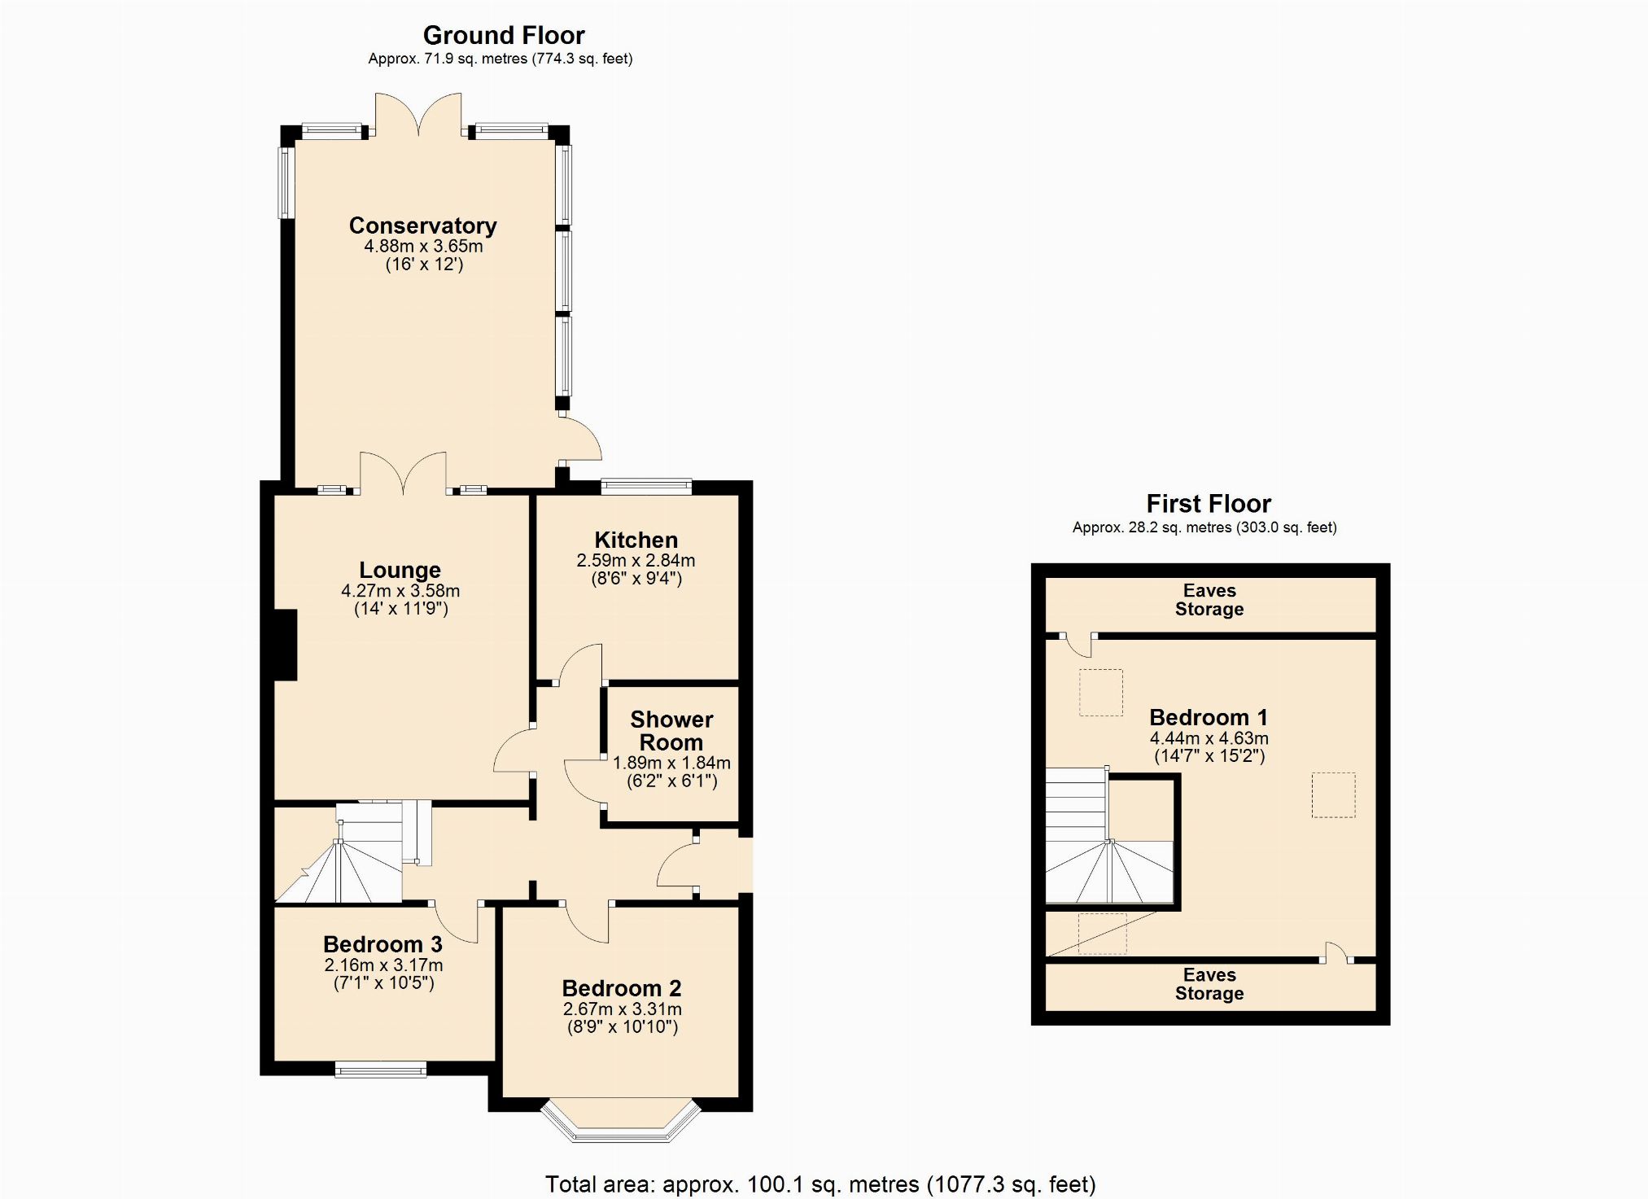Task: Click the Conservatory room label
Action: coord(422,225)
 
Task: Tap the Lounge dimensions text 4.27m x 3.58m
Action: coord(400,591)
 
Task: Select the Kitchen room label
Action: coord(636,540)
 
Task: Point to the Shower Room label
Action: coord(671,731)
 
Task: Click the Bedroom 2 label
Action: coord(622,988)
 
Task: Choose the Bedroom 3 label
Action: coord(382,944)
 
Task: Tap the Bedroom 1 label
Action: coord(1209,717)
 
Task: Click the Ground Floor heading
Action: coord(504,35)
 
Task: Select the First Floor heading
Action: coord(1209,503)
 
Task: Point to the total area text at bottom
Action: coord(820,1184)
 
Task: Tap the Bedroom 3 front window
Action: coord(381,1070)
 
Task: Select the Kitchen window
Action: coord(646,487)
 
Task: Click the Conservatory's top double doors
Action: coord(418,114)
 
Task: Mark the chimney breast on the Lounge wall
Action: coord(285,645)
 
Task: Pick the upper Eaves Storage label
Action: coord(1209,600)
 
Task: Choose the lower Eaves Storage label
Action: coord(1209,984)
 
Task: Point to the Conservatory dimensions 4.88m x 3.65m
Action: coord(423,246)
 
